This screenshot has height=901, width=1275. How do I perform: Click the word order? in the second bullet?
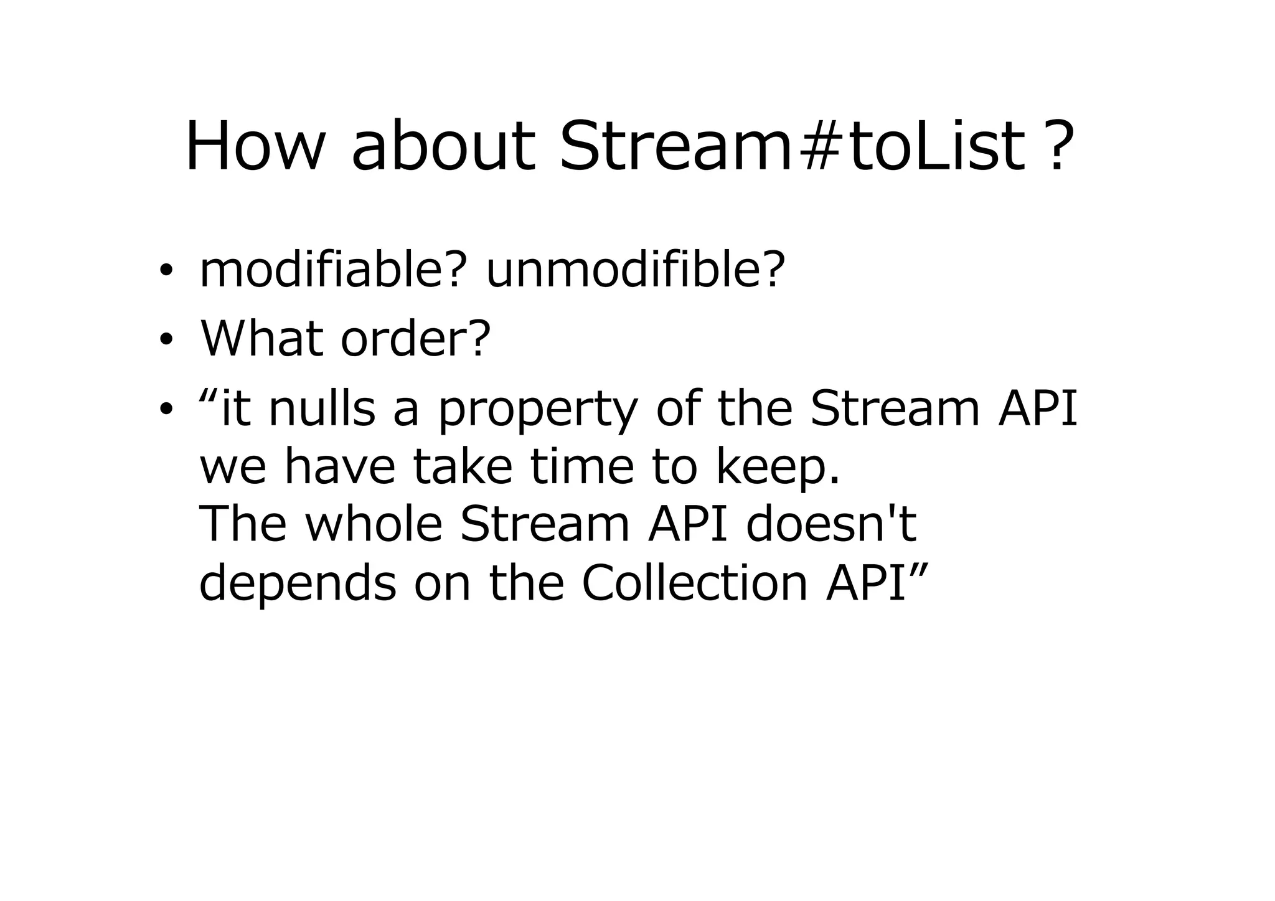[x=416, y=339]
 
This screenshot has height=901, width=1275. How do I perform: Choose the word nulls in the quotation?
[x=322, y=408]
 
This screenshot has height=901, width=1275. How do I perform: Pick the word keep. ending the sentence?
[x=778, y=469]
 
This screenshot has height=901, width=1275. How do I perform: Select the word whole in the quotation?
[x=374, y=524]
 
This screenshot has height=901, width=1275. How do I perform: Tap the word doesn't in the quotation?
[x=831, y=524]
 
